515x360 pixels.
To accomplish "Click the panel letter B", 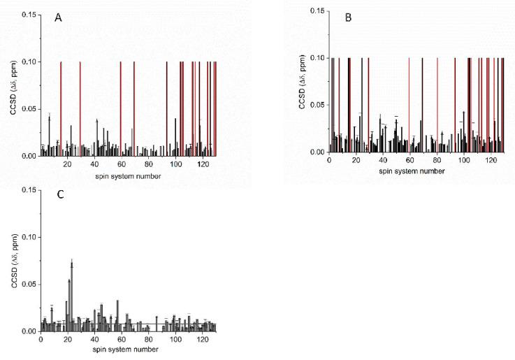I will click(348, 18).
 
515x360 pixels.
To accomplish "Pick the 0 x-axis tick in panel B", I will click(329, 160).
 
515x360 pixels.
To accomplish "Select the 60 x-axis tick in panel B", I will click(410, 160).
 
